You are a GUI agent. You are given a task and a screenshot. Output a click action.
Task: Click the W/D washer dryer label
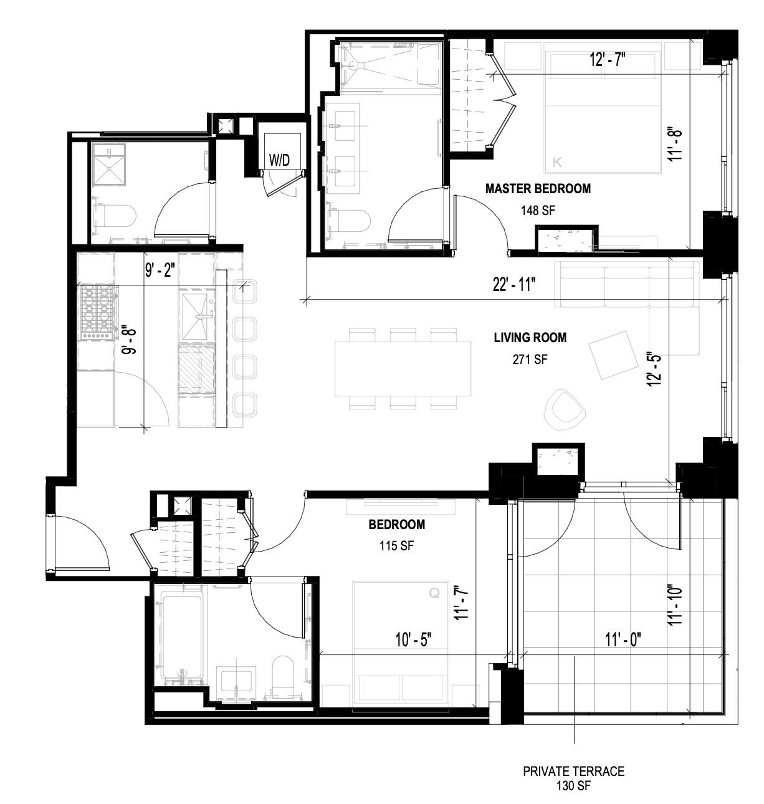click(x=280, y=160)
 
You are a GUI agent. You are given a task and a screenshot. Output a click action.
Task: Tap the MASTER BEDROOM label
click(x=538, y=188)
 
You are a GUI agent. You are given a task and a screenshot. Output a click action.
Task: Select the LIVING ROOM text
click(x=530, y=338)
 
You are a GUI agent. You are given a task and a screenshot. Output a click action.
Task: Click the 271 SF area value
click(x=530, y=359)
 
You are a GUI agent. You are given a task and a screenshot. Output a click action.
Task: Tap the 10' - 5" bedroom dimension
click(x=413, y=639)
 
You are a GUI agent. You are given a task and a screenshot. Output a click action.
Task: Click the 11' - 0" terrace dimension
click(x=623, y=639)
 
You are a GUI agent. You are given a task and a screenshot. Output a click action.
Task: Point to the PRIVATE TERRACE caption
click(x=573, y=772)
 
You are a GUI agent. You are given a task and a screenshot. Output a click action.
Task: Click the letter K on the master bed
click(x=557, y=163)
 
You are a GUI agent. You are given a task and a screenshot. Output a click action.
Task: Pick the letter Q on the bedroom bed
click(x=434, y=594)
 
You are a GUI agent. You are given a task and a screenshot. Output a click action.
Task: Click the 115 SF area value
click(x=396, y=546)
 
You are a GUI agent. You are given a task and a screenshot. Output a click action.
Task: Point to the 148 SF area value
click(x=538, y=211)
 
